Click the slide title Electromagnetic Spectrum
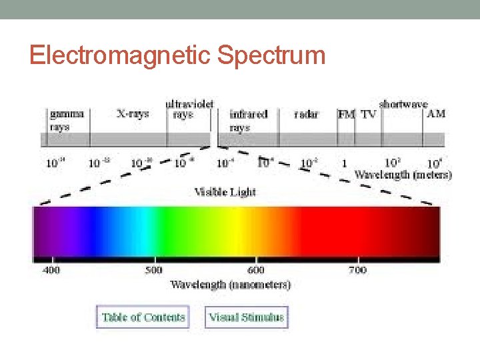pos(177,55)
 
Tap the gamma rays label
pos(67,120)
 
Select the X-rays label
pos(132,114)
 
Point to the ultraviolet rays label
pos(189,109)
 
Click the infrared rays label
pos(248,120)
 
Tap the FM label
pos(346,114)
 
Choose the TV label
pos(368,114)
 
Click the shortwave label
pos(403,104)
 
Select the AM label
pos(435,114)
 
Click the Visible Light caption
pos(225,192)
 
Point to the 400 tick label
pos(51,270)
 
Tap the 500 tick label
pos(154,270)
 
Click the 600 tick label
pos(256,270)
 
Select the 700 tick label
pos(357,270)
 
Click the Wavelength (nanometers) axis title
pos(230,285)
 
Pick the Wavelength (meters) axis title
pos(403,175)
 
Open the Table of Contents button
pos(143,317)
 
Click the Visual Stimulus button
pos(246,317)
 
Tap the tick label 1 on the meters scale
pos(344,163)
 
